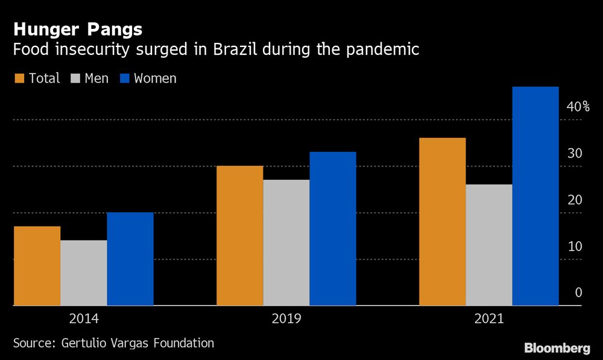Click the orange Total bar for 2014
coord(37,266)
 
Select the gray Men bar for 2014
coord(83,273)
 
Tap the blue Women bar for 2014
coord(130,259)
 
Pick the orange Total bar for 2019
coord(239,236)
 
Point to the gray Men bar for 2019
coord(286,243)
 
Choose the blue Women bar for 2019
coord(333,229)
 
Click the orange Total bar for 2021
coord(442,222)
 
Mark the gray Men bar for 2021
coord(488,245)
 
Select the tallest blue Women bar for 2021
coord(535,197)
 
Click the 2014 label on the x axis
coord(83,318)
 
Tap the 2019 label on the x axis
coord(286,318)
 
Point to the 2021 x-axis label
coord(488,318)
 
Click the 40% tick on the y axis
coord(578,107)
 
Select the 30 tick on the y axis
coord(575,154)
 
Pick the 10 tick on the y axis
coord(575,247)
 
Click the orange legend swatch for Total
coord(19,78)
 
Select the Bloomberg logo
coord(557,348)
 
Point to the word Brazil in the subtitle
coord(236,49)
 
